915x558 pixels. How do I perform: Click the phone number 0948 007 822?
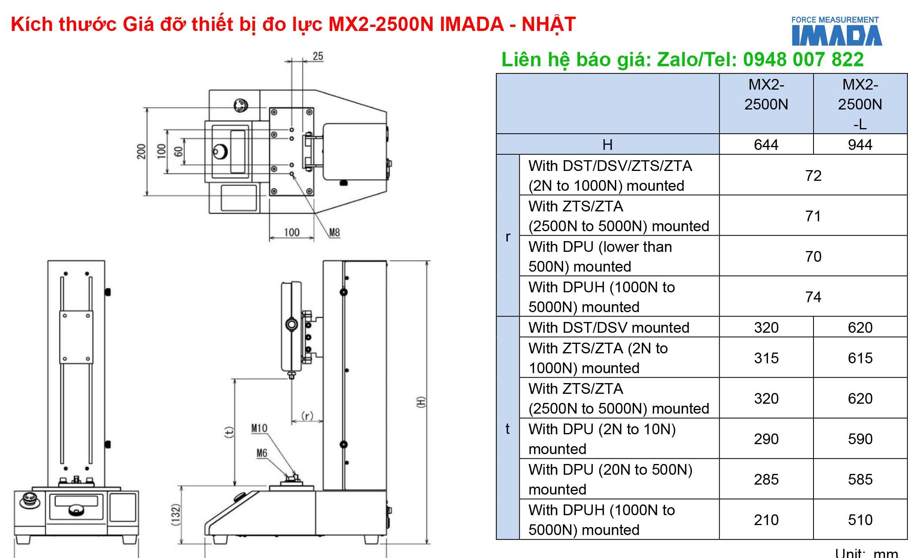tap(803, 59)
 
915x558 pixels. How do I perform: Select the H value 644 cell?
tap(766, 144)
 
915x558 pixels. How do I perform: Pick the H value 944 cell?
tap(860, 144)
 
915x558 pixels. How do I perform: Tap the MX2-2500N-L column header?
tap(860, 104)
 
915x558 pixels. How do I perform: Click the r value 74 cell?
tap(813, 297)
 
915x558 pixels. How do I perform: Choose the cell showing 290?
tap(766, 439)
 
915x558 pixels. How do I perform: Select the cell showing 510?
tap(860, 520)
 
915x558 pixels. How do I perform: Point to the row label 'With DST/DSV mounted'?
tap(609, 328)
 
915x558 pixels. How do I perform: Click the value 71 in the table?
tap(813, 216)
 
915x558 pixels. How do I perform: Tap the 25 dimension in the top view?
tap(318, 56)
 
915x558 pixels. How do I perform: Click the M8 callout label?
tap(335, 232)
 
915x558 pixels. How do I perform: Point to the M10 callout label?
tap(259, 428)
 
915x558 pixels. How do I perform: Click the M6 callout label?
tap(262, 453)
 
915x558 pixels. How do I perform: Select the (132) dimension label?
tap(176, 514)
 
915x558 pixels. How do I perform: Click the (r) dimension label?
tap(307, 415)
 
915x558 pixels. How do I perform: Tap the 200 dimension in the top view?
tap(142, 151)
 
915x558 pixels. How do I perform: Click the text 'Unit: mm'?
tap(866, 553)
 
